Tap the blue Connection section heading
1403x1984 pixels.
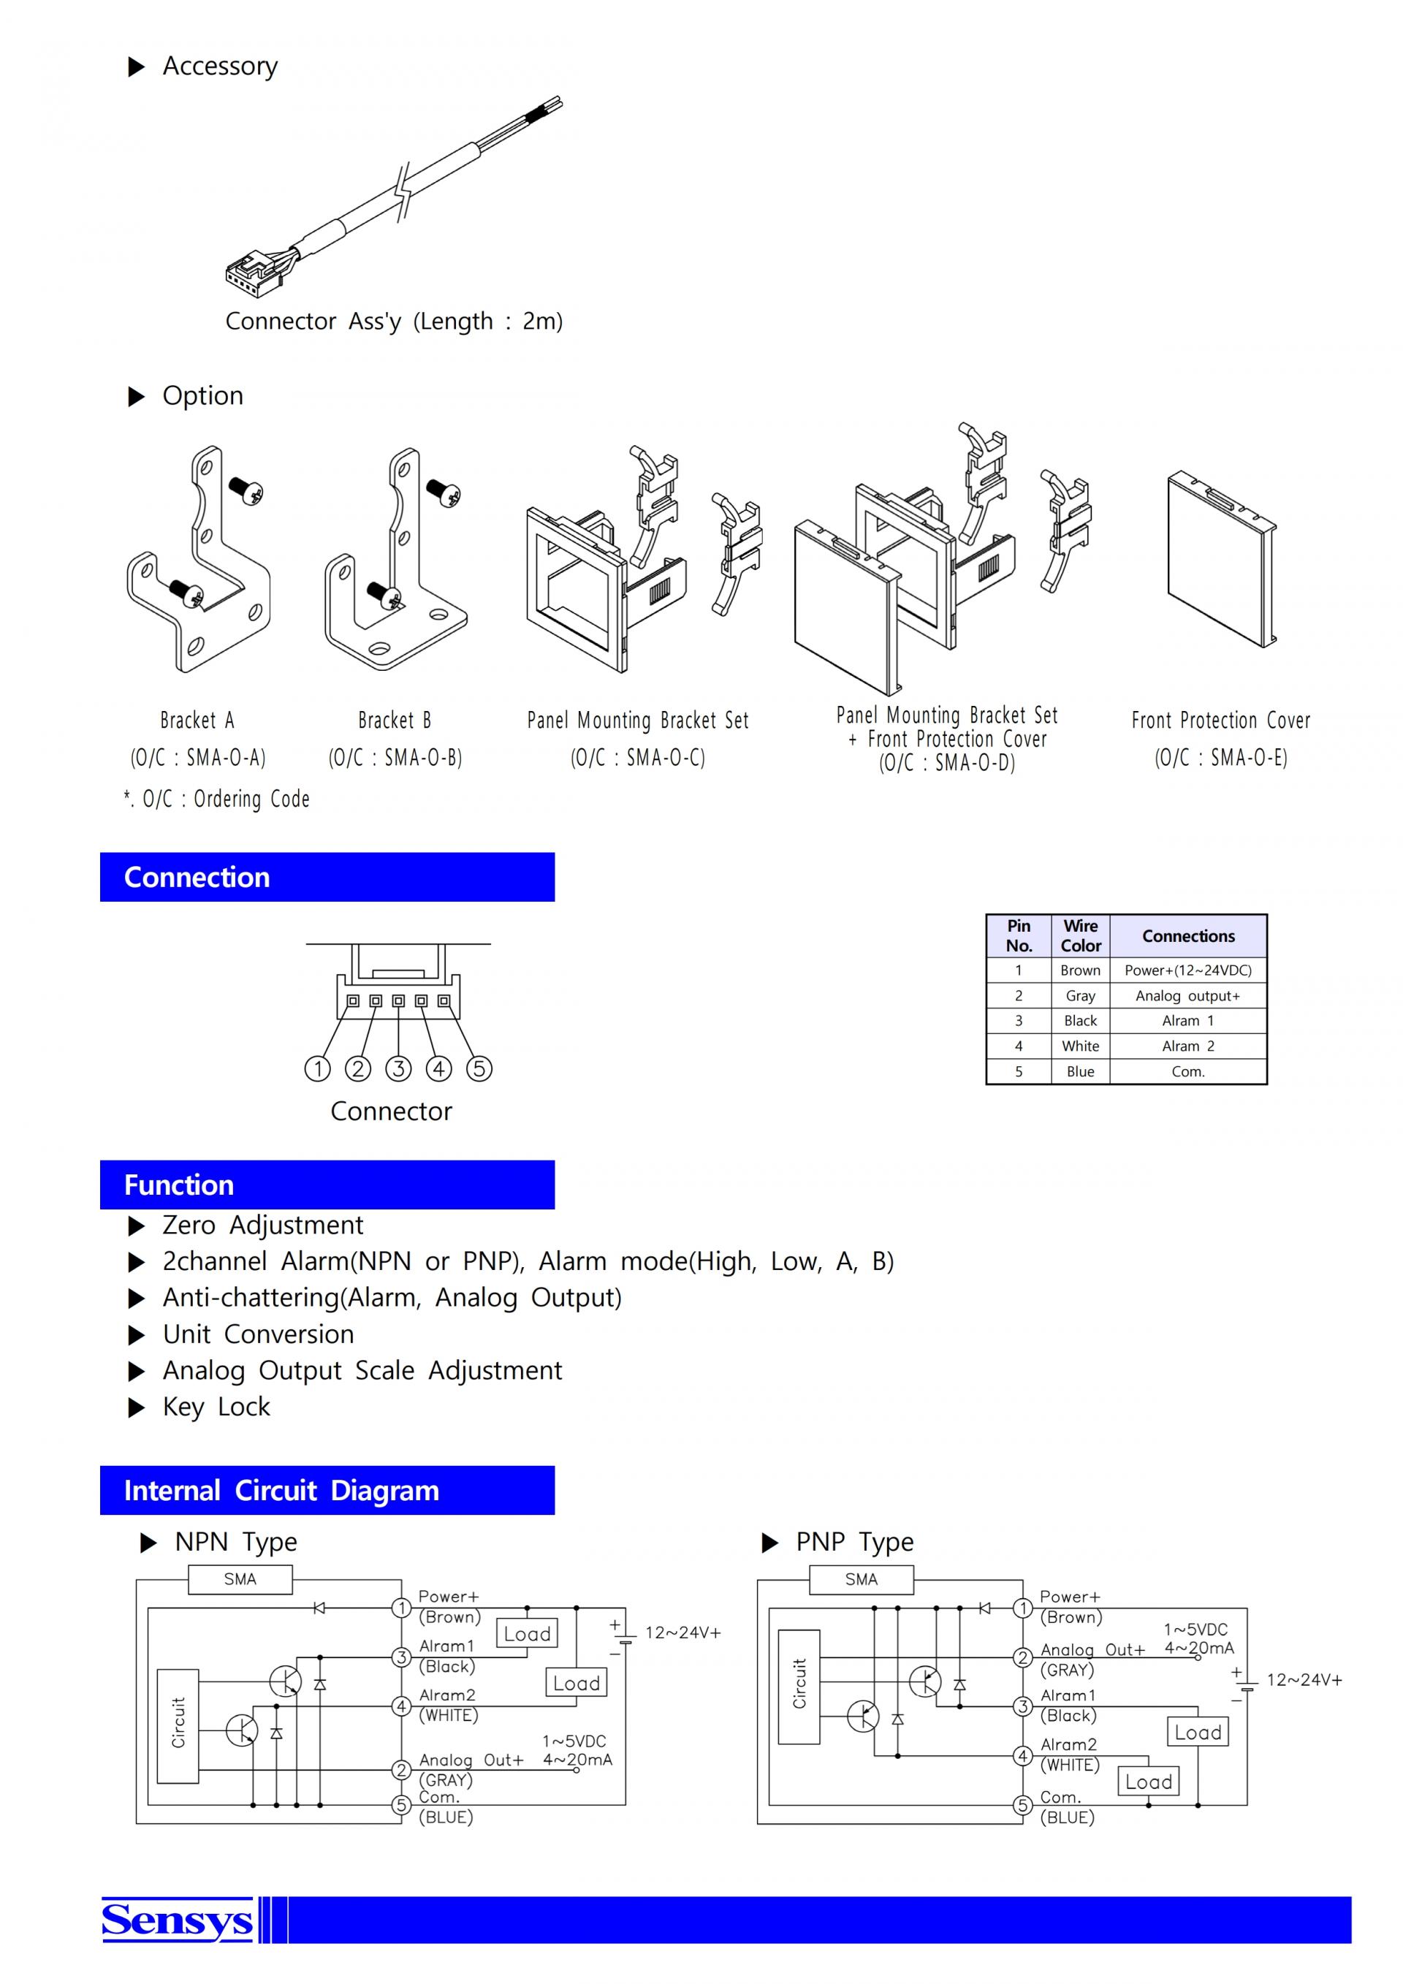coord(327,877)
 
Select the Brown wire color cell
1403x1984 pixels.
coord(1080,970)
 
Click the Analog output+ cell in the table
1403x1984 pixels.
coord(1188,996)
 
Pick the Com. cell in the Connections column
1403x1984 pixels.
coord(1188,1071)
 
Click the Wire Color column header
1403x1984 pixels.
coord(1080,936)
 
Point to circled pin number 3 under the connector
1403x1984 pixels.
coord(398,1069)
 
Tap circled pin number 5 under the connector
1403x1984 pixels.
coord(479,1069)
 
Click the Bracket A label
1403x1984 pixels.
coord(197,720)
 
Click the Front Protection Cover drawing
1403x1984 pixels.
coord(1221,559)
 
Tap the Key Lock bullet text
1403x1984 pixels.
coord(216,1407)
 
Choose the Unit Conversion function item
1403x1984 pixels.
coord(258,1334)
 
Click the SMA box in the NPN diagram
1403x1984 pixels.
coord(240,1580)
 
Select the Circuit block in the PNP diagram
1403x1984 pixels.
coord(799,1687)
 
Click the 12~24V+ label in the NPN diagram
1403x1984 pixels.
coord(683,1633)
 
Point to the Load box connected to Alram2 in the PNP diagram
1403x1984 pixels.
coord(1148,1782)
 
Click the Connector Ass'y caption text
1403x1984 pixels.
coord(394,322)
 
